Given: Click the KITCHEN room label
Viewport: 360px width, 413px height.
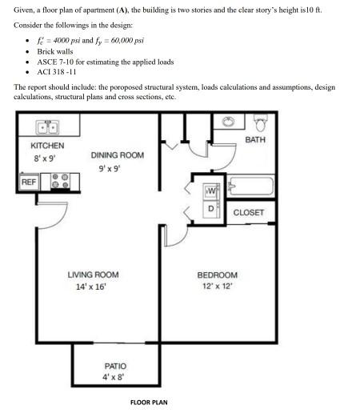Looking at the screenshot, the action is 47,146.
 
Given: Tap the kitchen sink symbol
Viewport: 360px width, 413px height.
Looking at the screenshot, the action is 47,127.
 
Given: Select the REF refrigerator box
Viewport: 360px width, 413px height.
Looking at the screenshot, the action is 29,182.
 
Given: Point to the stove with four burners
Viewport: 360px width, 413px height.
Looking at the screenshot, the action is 60,181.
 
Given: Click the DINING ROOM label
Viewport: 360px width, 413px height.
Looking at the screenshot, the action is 118,155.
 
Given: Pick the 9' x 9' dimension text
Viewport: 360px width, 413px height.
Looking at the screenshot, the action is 110,169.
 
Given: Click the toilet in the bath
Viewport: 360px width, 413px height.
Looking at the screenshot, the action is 261,122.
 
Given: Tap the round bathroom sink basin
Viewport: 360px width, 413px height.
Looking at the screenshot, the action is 228,122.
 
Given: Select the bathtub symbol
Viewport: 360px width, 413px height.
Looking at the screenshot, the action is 250,186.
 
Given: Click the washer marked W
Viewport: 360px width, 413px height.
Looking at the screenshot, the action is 211,191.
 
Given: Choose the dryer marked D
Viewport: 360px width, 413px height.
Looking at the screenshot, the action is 211,209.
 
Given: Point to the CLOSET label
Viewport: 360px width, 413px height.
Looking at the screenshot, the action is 249,213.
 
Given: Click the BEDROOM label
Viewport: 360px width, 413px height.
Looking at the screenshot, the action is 218,275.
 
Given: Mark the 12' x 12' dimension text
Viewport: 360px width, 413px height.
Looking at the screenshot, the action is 218,287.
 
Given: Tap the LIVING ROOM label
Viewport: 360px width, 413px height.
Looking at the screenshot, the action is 93,275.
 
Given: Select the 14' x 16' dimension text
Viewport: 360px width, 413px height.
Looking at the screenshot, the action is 91,287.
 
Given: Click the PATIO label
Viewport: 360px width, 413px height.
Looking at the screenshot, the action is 115,366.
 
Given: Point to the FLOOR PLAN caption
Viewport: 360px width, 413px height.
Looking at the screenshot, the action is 149,403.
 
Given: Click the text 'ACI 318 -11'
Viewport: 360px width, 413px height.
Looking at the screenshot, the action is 57,72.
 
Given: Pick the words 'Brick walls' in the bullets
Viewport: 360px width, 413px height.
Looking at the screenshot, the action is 55,51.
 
